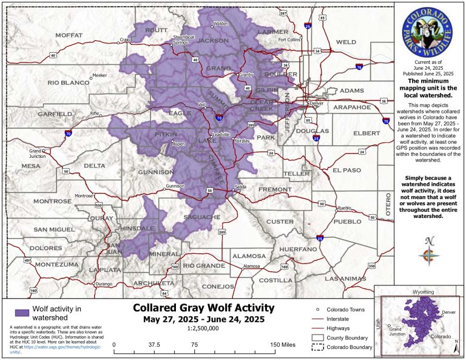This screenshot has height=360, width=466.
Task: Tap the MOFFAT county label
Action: coord(69,35)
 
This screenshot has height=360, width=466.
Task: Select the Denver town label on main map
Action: coord(316,103)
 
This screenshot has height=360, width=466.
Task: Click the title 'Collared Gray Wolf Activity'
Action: coord(203,308)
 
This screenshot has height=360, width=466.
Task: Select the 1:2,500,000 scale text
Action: coord(204,330)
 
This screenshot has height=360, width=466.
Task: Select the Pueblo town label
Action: coord(345,208)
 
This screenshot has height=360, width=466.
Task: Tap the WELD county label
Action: coord(346,42)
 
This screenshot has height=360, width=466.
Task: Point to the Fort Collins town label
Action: coord(289,40)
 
